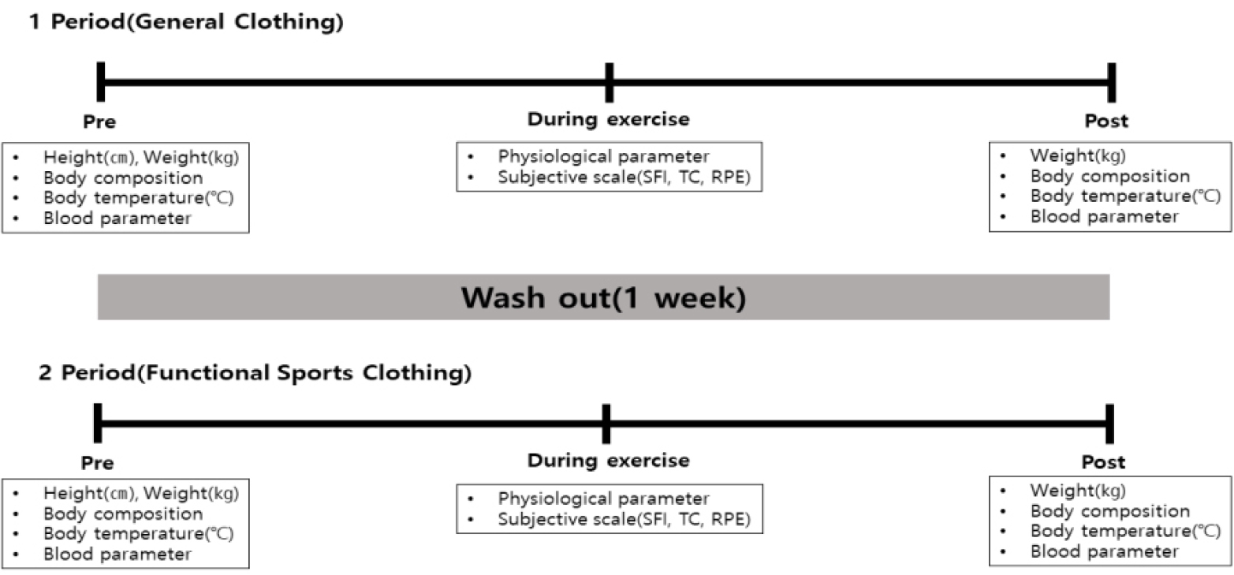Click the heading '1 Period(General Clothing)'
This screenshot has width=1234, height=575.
186,22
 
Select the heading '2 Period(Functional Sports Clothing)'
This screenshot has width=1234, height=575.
255,373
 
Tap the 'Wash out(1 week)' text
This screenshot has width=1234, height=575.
604,297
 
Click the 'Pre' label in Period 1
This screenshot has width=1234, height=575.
99,121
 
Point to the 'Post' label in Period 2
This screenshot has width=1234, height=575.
1103,462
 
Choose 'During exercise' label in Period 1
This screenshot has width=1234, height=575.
608,119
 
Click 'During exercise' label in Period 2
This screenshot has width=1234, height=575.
608,461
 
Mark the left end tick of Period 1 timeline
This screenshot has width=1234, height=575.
101,82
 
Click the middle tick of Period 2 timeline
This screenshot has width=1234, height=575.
606,424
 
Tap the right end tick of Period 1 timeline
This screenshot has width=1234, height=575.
1112,82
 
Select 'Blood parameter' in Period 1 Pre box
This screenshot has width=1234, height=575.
117,218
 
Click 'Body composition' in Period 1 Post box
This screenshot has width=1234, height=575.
1110,177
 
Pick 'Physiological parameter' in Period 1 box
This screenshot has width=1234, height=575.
603,157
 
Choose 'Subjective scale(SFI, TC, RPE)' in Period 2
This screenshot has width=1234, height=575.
624,519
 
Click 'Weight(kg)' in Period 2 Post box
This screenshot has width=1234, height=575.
1078,491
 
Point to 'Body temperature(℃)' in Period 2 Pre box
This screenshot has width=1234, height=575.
139,534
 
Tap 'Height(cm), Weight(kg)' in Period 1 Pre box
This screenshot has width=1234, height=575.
141,158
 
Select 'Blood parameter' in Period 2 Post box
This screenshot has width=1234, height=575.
1105,552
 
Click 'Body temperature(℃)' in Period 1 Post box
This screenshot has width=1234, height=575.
1125,196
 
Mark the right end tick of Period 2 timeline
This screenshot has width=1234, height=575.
1109,424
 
